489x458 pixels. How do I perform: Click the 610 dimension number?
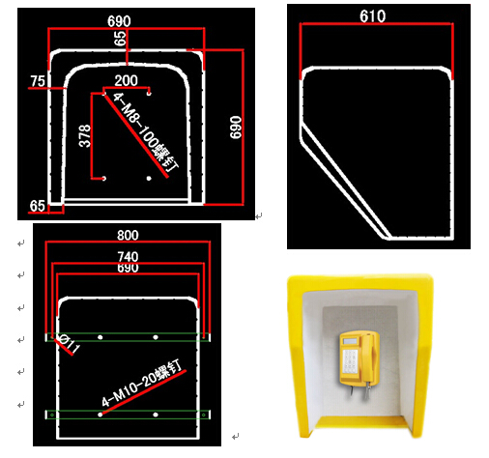pos(372,15)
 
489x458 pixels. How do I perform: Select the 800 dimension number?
pos(128,235)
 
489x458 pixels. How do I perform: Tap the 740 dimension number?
pos(128,257)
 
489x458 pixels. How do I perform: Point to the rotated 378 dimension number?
pos(85,135)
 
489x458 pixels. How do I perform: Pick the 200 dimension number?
pos(126,80)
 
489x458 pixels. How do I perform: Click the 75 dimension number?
pos(38,81)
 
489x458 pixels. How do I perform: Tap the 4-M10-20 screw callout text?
pos(142,383)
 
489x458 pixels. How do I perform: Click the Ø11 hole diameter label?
pos(69,343)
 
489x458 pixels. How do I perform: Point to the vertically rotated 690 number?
pos(236,128)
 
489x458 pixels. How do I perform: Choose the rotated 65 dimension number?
pos(120,39)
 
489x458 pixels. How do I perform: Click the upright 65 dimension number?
pos(38,206)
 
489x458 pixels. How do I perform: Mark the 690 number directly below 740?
pos(128,269)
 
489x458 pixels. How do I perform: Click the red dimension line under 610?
pos(376,23)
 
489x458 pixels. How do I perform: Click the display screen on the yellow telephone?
pos(350,341)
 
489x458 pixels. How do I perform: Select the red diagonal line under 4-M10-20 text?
pos(144,391)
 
